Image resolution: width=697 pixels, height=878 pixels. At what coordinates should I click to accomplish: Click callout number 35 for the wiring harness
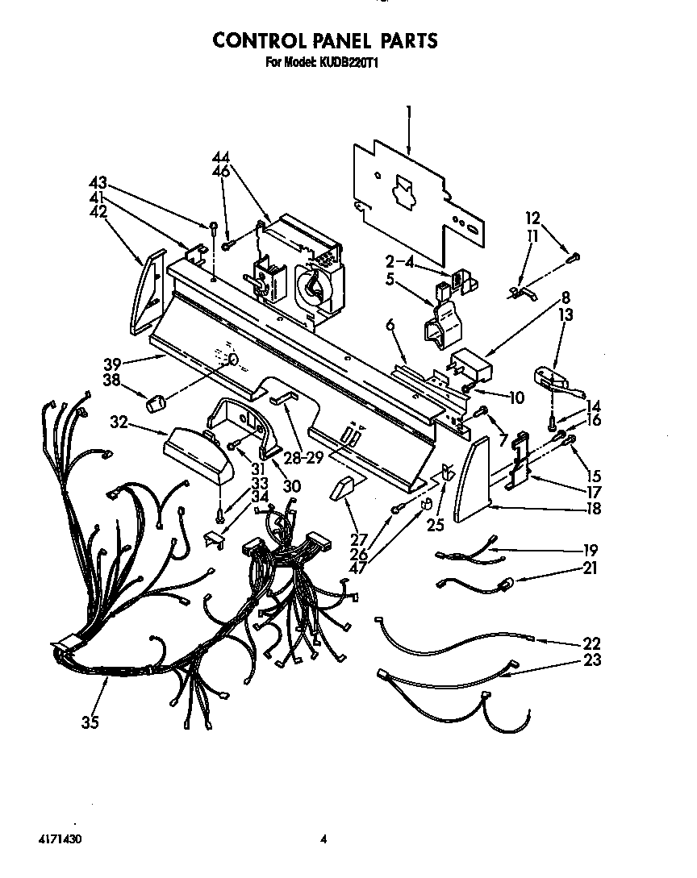90,722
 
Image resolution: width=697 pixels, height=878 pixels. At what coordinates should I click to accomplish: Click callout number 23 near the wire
592,660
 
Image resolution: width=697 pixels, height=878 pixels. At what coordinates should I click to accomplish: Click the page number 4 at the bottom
323,839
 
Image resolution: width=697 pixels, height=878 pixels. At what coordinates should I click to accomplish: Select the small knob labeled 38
157,401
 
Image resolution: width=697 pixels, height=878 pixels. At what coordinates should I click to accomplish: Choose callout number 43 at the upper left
98,184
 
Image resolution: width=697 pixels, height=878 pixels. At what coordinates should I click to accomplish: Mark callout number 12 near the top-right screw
533,218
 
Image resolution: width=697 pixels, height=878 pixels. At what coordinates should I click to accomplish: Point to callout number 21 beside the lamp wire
591,569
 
